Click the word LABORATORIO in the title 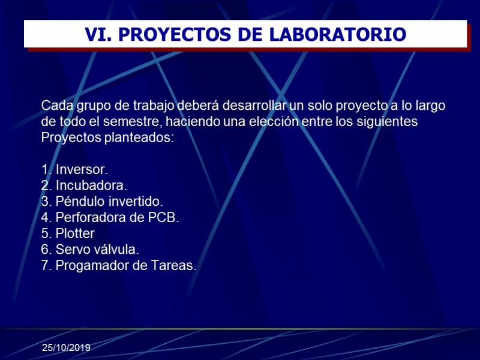[x=338, y=34]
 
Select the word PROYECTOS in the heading [x=175, y=34]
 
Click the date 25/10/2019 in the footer [x=66, y=348]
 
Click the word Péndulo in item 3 [x=80, y=201]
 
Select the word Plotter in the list [x=75, y=233]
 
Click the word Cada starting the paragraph [x=57, y=106]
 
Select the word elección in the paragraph [x=274, y=121]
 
